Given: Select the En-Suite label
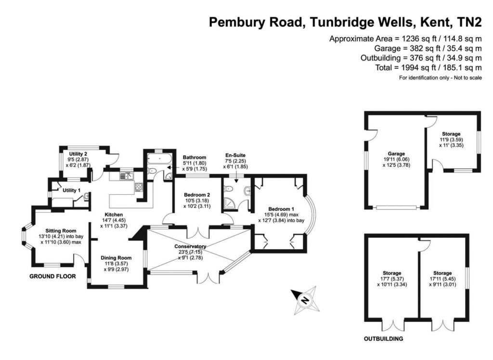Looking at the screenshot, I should pyautogui.click(x=234, y=155).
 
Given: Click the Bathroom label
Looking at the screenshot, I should pyautogui.click(x=195, y=157).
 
